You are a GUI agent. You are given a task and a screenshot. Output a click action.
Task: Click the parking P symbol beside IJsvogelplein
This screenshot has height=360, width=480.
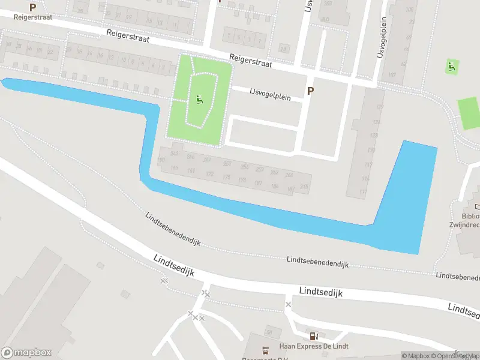point(310,91)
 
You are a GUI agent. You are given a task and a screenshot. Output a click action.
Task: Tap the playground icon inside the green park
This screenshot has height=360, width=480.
point(199,100)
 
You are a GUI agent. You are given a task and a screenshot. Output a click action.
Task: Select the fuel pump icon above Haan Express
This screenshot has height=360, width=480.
point(313,336)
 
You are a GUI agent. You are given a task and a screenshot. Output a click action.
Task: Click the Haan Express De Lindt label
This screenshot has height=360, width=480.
point(314,346)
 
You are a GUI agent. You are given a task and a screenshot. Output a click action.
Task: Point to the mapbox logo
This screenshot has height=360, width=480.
point(26,353)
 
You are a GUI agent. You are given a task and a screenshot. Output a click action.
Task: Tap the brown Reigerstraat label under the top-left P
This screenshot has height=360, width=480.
point(33,17)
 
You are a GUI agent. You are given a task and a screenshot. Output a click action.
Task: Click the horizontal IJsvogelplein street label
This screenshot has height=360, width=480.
point(267,94)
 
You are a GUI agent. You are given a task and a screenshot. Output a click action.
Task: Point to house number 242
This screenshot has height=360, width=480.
point(175,154)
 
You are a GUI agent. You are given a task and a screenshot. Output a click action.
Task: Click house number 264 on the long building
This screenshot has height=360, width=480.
point(289,175)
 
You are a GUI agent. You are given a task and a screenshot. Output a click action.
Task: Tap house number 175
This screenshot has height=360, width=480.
point(226,177)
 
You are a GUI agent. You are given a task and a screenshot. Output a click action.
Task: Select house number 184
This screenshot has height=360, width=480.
point(274,186)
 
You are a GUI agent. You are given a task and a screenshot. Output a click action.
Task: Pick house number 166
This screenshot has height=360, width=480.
point(174,168)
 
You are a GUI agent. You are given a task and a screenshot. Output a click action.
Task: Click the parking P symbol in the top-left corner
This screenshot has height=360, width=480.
point(32,7)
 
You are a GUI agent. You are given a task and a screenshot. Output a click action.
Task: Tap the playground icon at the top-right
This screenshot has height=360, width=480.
point(452,67)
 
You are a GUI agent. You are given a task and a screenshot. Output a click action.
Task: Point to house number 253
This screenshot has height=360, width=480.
point(227,163)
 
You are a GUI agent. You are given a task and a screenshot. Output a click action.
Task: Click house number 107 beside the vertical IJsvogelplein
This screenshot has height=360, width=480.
point(392,74)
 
